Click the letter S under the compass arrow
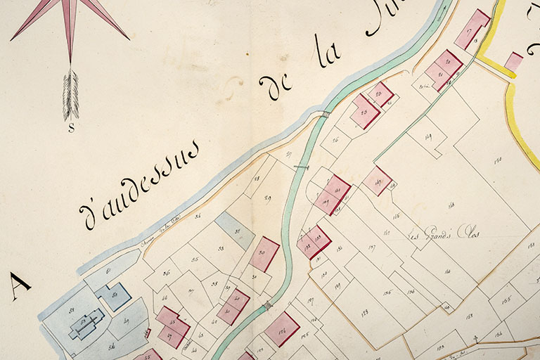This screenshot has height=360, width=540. (71, 128)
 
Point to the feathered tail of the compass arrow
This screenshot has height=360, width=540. (70, 95)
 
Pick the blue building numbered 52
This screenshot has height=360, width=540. (115, 296)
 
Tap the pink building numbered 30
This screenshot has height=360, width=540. (264, 254)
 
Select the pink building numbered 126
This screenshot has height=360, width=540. (283, 329)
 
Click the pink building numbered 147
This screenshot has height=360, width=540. (378, 181)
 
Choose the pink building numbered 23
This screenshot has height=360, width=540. (364, 111)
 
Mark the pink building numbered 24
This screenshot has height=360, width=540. (381, 94)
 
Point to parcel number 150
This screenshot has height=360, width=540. (498, 160)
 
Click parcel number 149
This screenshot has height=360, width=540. (428, 136)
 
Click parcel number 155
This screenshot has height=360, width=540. (506, 298)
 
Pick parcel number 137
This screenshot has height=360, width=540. (371, 247)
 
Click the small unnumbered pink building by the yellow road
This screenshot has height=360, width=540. (514, 61)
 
